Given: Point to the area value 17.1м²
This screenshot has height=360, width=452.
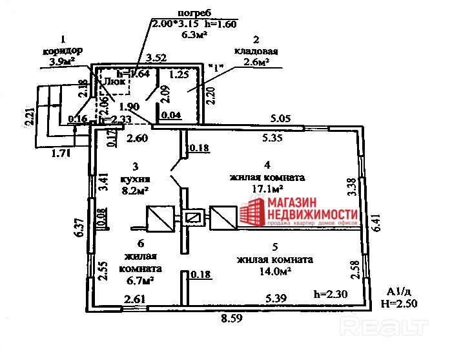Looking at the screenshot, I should pyautogui.click(x=267, y=188).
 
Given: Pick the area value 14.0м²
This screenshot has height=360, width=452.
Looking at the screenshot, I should pyautogui.click(x=274, y=271).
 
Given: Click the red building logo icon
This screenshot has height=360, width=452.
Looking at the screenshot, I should pyautogui.click(x=253, y=214).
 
